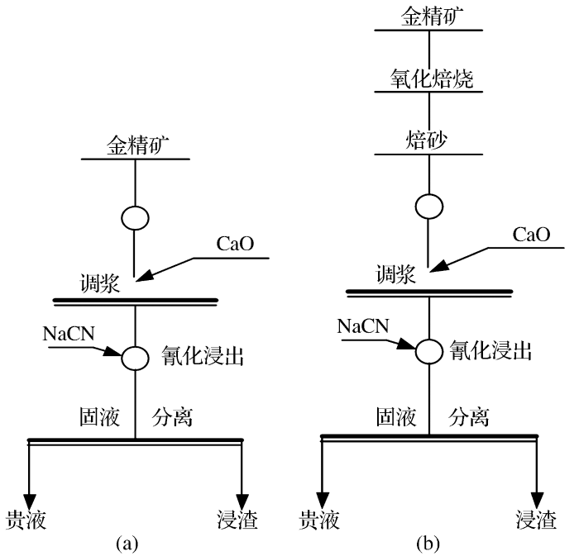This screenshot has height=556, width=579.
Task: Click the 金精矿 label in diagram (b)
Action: point(429,16)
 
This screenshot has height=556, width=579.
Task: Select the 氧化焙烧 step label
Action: point(429,80)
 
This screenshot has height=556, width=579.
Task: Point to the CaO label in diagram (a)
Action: point(235,245)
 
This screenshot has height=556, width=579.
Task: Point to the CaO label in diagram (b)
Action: point(531,234)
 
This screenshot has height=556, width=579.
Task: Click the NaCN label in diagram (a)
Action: point(69,334)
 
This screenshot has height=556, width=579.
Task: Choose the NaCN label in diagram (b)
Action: point(363,326)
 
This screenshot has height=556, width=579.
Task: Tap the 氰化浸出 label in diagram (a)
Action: point(199,358)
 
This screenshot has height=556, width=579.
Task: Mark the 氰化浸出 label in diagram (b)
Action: point(490,350)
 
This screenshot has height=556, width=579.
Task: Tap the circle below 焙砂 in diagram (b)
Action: point(429,206)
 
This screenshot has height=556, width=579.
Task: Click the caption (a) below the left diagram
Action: point(127,543)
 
